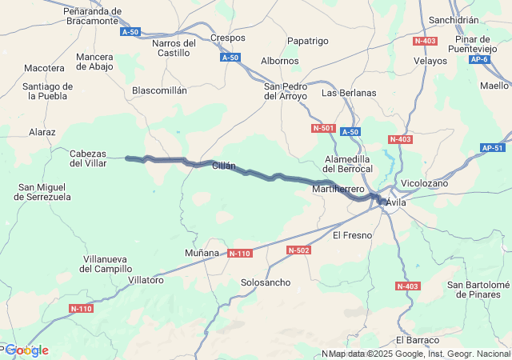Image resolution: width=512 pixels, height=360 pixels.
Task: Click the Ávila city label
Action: coord(396,203)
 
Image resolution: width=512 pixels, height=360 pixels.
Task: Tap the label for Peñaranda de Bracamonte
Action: coord(94,17)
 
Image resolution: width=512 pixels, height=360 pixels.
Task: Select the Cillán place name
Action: coord(224,166)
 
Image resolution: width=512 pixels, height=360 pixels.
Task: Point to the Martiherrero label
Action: coord(338,189)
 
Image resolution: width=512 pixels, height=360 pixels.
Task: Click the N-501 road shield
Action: coord(323,128)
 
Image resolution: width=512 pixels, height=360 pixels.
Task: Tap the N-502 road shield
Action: coord(298,250)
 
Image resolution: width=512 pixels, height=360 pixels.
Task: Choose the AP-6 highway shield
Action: coord(480,59)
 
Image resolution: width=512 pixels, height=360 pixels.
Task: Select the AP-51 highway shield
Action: coord(494,148)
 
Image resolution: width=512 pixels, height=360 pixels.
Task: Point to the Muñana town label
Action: coord(202,253)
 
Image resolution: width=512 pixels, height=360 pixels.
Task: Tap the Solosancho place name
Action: coord(266,282)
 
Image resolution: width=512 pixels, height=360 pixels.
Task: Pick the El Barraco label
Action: coord(418,340)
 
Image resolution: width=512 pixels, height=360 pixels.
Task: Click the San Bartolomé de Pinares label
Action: coord(478,289)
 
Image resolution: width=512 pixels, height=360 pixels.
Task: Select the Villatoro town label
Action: coord(146,280)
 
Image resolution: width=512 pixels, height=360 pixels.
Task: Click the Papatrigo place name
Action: coord(308,41)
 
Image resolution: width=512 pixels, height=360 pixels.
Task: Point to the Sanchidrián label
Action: coord(454,20)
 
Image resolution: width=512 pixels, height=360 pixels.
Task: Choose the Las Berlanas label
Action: coord(349,93)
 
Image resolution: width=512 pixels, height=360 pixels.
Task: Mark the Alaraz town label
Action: coord(42,132)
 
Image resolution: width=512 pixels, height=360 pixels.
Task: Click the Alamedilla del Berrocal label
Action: coord(349,164)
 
